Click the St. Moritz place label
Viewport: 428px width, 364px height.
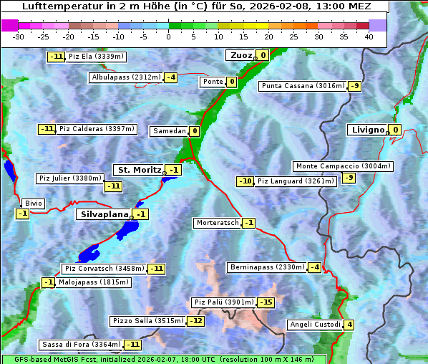(x=139, y=170)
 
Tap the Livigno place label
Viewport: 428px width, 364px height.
(x=367, y=130)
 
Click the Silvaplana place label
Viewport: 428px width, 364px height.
(x=104, y=214)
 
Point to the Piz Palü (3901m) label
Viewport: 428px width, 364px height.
(x=223, y=302)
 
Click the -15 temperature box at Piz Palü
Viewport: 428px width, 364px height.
(x=266, y=302)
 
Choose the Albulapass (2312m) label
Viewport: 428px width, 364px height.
(x=126, y=77)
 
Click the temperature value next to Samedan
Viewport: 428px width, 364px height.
(x=194, y=131)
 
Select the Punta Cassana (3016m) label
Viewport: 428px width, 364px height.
(x=303, y=86)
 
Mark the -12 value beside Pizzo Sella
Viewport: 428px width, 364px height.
(x=196, y=321)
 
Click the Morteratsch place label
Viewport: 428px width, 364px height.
(x=217, y=223)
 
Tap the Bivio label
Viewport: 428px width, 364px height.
(x=34, y=203)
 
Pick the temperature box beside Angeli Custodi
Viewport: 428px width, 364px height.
(x=349, y=325)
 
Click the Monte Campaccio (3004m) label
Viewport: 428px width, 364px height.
(x=342, y=166)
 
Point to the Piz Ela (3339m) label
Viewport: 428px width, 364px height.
(x=96, y=57)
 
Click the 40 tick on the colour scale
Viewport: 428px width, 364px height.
(x=369, y=37)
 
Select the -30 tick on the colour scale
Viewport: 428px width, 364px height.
(x=19, y=37)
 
